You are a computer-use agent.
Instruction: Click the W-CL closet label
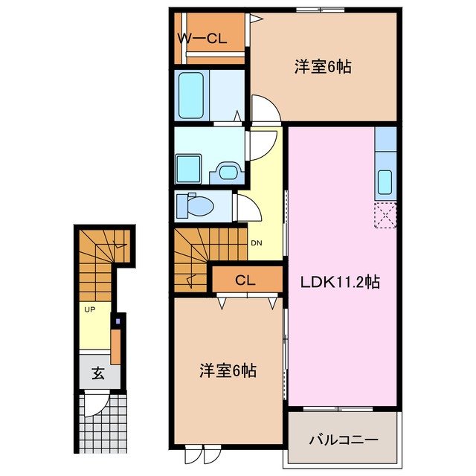coord(202,39)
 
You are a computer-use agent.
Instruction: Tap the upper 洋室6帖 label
coord(322,67)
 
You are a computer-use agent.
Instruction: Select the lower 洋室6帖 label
coord(228,370)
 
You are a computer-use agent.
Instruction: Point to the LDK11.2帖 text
coord(341,282)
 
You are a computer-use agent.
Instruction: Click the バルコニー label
coord(344,439)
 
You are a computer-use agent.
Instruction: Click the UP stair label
coord(89,309)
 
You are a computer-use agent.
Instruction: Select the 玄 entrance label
coord(97,373)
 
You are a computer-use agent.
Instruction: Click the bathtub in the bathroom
coord(192,95)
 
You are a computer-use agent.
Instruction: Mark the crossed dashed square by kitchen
coord(386,215)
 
